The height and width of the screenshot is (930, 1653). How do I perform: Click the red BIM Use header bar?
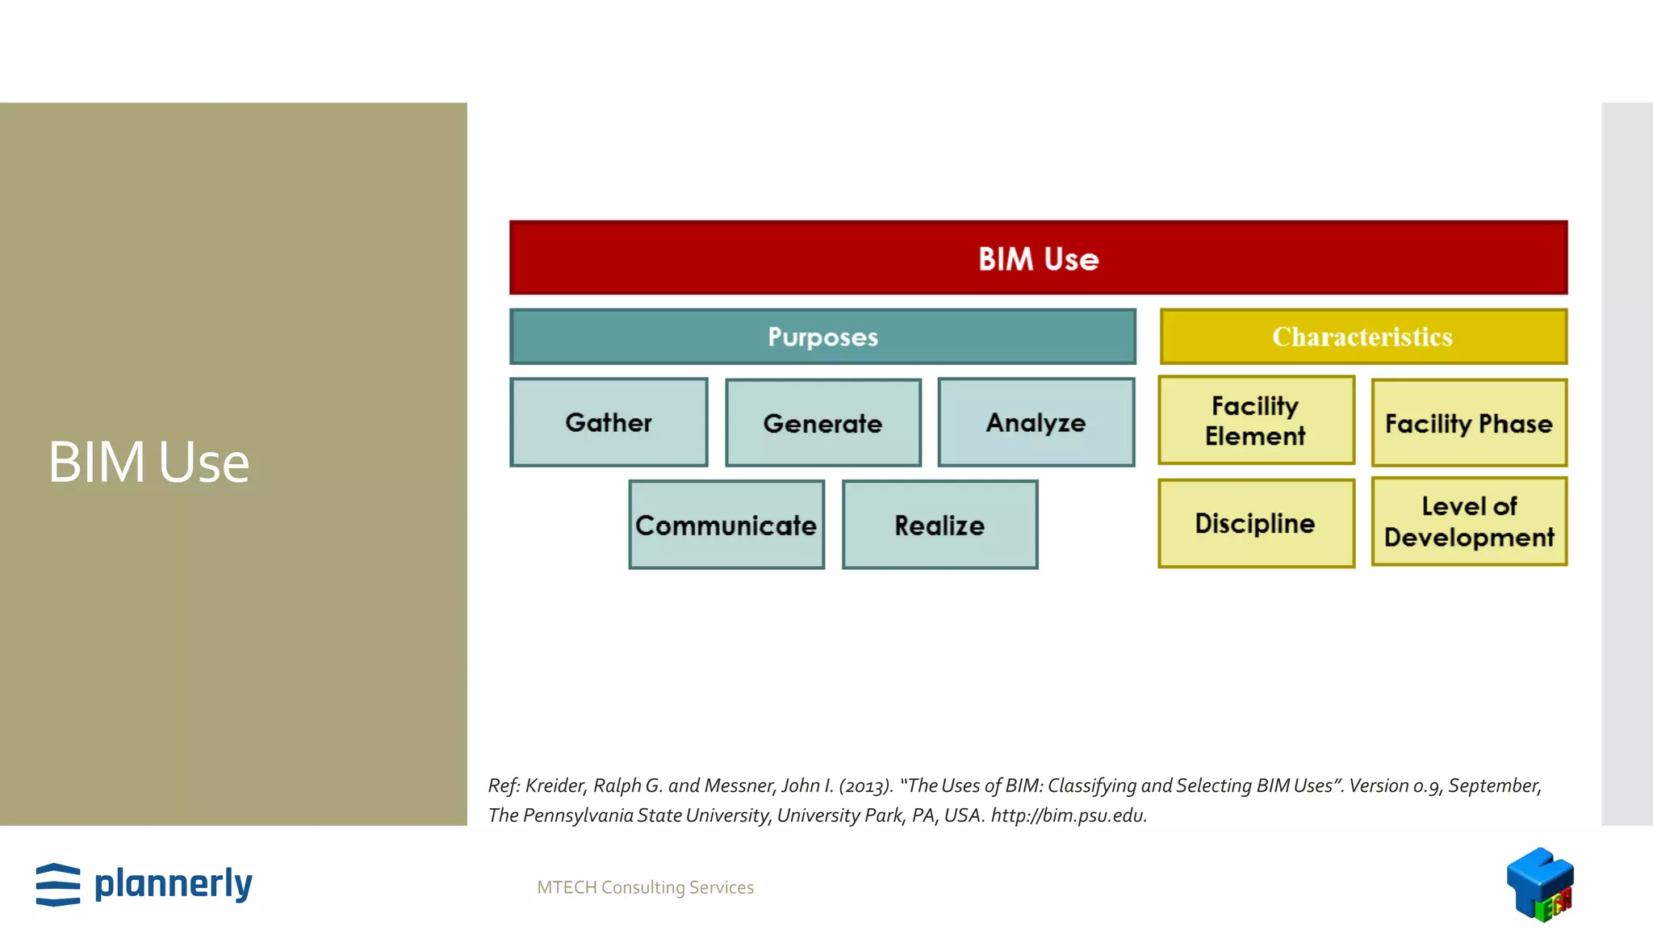coord(1038,258)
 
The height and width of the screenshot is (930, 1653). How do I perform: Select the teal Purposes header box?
coord(822,337)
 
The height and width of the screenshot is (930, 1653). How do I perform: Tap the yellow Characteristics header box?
coord(1362,337)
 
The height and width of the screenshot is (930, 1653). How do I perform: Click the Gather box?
coord(609,422)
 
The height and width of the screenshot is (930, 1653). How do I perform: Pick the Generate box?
coord(822,423)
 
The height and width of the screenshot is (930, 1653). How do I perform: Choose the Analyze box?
coord(1036,422)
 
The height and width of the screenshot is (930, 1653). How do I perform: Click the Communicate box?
coord(726,525)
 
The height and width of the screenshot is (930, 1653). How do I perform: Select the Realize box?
coord(939,525)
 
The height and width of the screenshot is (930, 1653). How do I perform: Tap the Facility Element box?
coord(1255,420)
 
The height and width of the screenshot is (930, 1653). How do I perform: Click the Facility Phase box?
coord(1468,423)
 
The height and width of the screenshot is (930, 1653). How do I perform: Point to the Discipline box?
coord(1255,523)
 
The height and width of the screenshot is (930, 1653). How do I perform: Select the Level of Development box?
coord(1468,522)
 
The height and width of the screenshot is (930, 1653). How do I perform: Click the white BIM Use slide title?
coord(149,463)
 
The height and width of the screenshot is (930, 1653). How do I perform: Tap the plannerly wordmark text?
coord(174,884)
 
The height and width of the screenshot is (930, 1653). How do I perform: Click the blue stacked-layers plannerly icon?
coord(58,885)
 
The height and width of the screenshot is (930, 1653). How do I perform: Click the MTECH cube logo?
coord(1539,884)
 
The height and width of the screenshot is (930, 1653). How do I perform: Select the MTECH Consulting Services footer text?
coord(645,887)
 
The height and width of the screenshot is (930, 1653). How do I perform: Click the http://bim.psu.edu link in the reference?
coord(1068,815)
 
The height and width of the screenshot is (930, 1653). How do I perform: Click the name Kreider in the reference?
coord(554,785)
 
